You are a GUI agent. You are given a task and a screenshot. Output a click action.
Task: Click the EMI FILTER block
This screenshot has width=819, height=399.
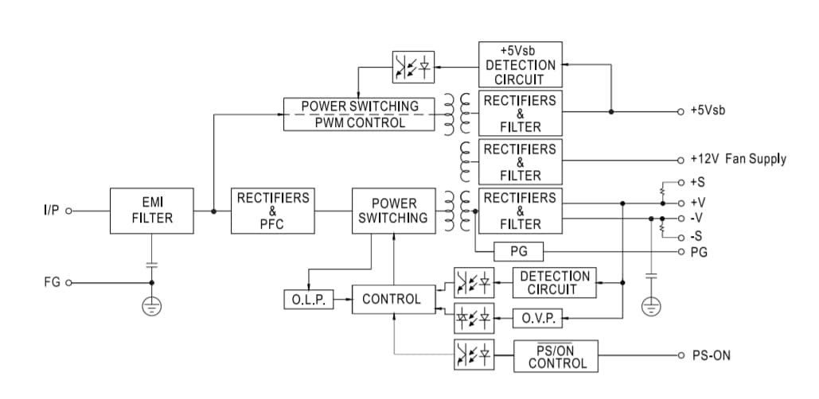152,211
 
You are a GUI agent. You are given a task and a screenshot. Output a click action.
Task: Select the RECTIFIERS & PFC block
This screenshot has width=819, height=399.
272,211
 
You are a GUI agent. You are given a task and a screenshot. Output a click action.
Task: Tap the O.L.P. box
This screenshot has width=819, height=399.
307,300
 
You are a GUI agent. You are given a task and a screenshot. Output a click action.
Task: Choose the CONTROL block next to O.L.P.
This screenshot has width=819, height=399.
391,299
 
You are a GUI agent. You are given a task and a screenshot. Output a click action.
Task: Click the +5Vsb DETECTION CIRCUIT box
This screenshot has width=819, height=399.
520,65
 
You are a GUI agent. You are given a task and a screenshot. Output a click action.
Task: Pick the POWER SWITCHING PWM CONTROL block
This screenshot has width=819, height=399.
359,114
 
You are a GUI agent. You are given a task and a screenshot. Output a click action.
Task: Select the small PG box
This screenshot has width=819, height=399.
518,253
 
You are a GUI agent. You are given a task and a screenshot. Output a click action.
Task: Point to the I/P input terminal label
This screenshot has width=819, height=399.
52,211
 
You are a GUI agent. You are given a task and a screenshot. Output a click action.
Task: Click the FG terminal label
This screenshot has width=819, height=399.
51,283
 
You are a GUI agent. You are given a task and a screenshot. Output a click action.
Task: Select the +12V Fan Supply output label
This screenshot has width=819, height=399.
738,159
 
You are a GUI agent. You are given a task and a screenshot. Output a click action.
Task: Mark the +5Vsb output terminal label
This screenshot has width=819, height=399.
708,110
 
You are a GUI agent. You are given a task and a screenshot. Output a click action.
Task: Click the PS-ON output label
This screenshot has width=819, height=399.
710,355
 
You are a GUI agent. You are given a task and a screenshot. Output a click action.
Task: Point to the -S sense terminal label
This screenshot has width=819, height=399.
697,236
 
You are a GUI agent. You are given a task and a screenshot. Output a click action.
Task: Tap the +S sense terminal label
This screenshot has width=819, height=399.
698,182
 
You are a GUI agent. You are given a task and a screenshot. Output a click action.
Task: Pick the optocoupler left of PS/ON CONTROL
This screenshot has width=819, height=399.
473,354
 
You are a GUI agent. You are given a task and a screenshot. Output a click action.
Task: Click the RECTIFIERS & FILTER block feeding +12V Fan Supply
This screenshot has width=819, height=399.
520,162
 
